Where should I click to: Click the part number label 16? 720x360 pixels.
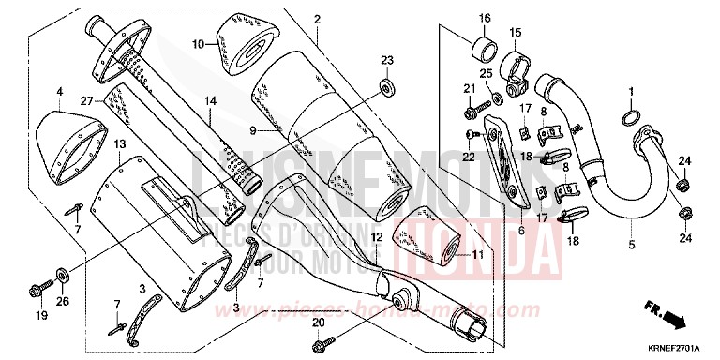pos(485,19)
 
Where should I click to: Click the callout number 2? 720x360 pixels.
pos(317,19)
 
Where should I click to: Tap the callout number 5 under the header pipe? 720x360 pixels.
pos(631,245)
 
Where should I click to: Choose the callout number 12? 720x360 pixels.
pos(377,238)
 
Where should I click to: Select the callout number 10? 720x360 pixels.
pos(198,44)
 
